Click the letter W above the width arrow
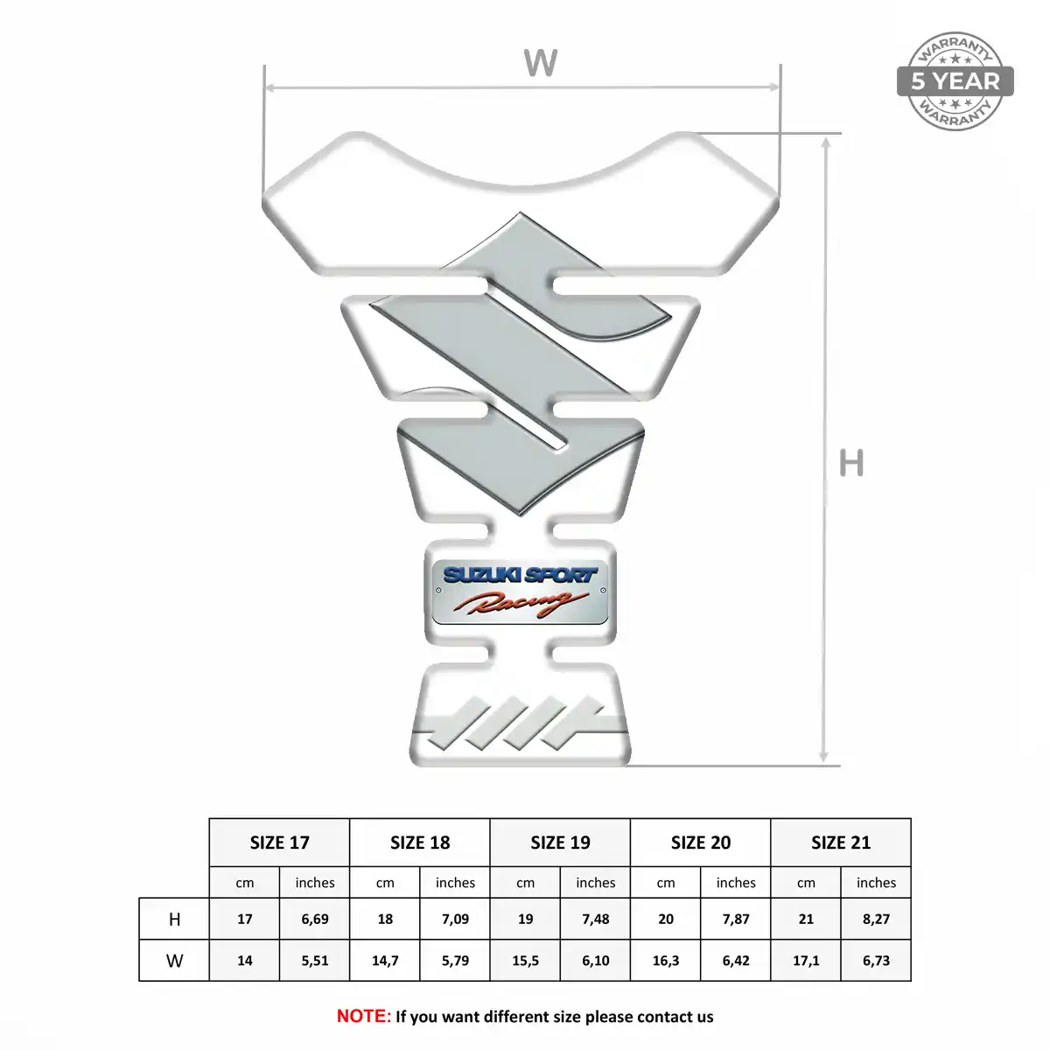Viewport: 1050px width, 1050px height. pyautogui.click(x=541, y=63)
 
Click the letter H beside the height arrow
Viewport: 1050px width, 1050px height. pyautogui.click(x=851, y=463)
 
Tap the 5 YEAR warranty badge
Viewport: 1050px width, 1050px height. pyautogui.click(x=955, y=81)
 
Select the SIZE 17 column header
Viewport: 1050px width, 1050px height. pyautogui.click(x=279, y=843)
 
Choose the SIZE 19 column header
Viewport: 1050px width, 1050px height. pyautogui.click(x=560, y=843)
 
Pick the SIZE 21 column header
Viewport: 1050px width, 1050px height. pyautogui.click(x=841, y=843)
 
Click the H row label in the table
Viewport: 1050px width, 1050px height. pyautogui.click(x=174, y=920)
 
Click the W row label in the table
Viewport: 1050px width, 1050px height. pyautogui.click(x=174, y=961)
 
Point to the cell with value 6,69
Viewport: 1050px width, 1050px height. pyautogui.click(x=315, y=920)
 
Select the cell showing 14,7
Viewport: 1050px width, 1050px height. pyautogui.click(x=385, y=961)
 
